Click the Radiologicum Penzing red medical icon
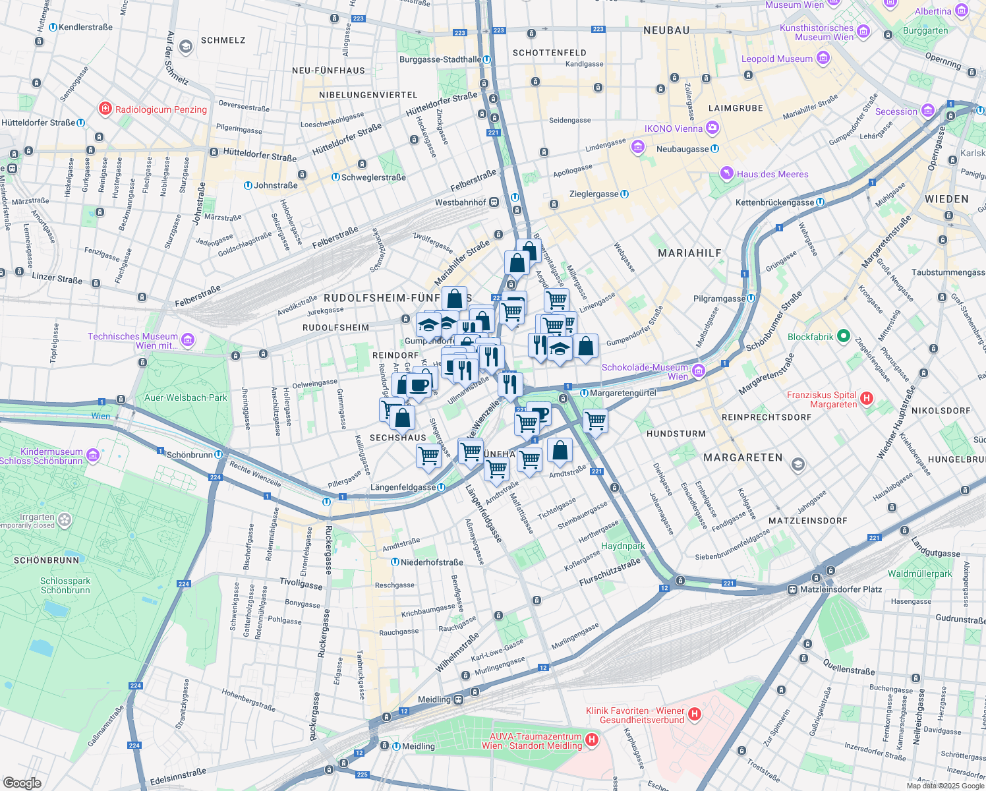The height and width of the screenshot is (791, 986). [x=105, y=109]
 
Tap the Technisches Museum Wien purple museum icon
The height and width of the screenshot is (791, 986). [x=188, y=340]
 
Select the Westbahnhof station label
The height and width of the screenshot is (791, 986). [x=460, y=202]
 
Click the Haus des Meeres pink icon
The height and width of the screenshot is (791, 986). [x=726, y=174]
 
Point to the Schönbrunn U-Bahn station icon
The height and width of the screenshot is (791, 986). [x=218, y=455]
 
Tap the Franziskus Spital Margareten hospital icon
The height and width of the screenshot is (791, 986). [x=867, y=398]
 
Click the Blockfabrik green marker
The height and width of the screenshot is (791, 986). [x=843, y=336]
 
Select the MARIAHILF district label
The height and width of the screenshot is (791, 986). [x=689, y=253]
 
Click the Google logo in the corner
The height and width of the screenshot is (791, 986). [x=22, y=782]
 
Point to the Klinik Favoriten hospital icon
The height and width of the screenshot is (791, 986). [x=694, y=714]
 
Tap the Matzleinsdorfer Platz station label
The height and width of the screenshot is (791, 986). [x=840, y=589]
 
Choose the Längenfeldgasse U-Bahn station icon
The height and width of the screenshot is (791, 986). [x=441, y=487]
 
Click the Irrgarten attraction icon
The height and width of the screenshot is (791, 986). [x=64, y=520]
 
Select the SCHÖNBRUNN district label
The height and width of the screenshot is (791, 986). [x=46, y=560]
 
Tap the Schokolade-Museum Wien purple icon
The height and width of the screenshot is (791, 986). [x=699, y=371]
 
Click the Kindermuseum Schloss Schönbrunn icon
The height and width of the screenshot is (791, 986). [x=93, y=455]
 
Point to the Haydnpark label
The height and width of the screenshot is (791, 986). [x=623, y=546]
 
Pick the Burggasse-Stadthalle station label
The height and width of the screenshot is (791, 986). [x=440, y=59]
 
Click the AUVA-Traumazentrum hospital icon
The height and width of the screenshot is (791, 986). [x=591, y=740]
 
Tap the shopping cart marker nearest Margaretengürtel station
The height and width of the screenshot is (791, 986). [x=595, y=420]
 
